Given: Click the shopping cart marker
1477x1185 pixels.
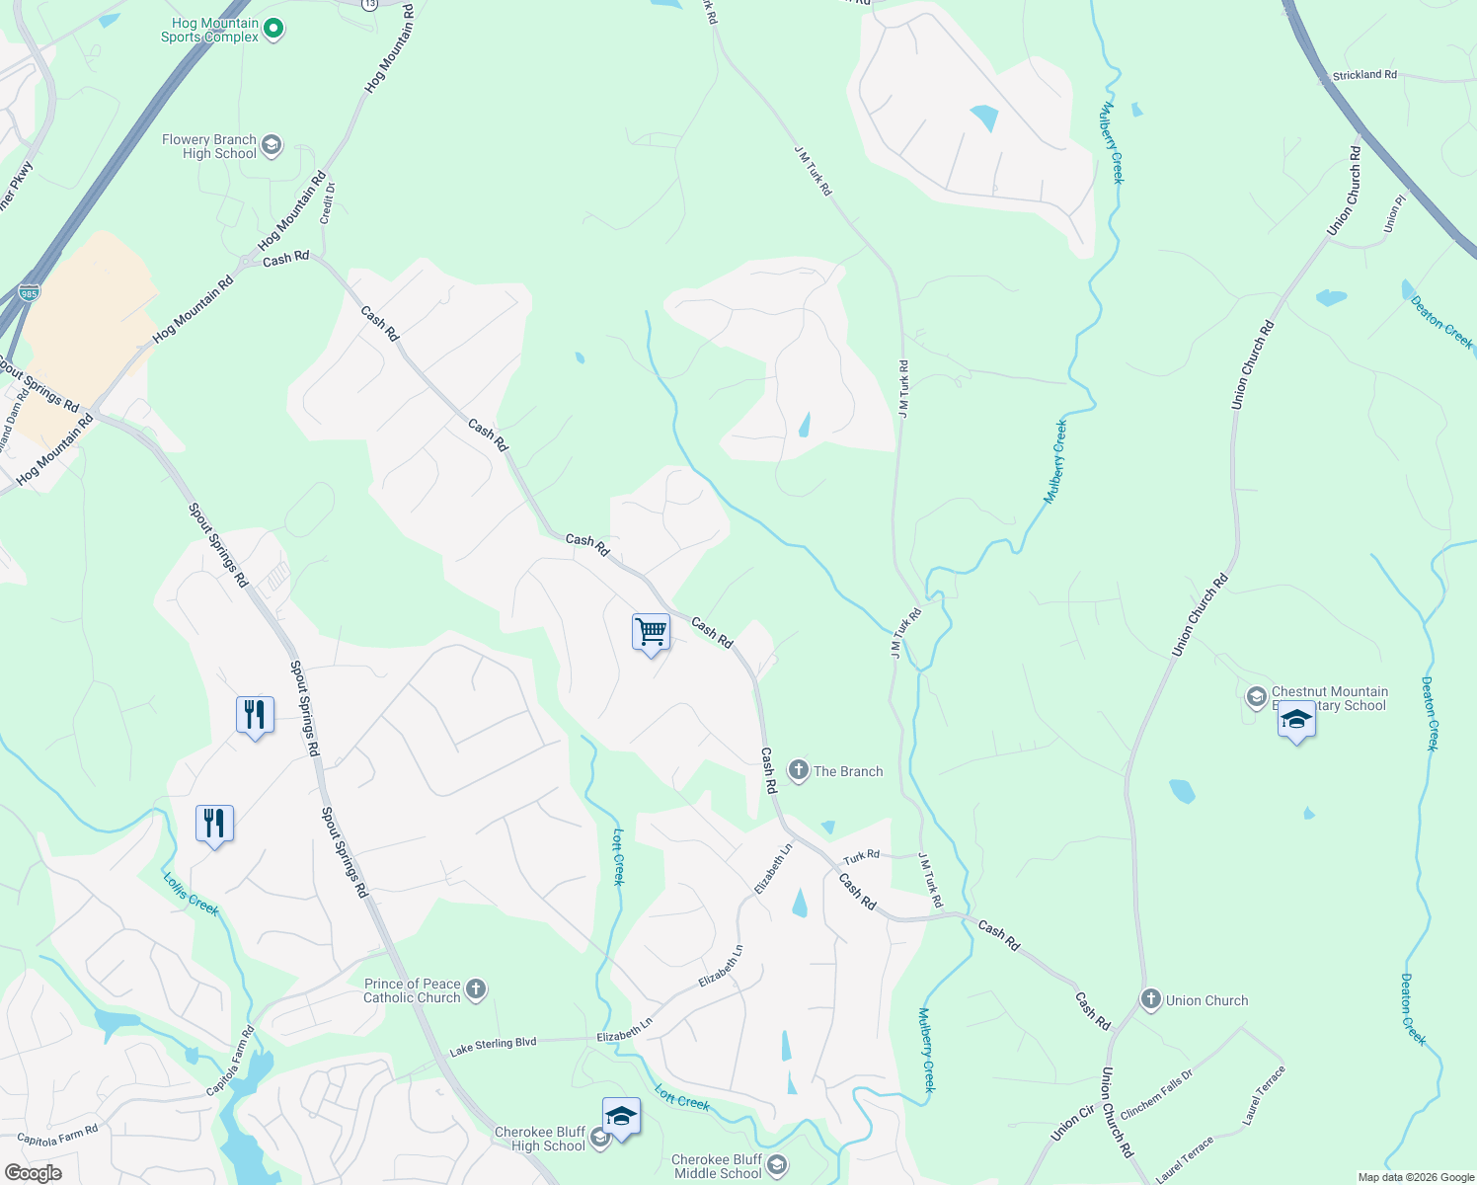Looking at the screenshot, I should pos(651,632).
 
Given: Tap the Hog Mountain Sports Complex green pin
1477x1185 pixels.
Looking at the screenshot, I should pos(274,30).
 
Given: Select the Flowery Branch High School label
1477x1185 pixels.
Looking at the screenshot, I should pos(210,146).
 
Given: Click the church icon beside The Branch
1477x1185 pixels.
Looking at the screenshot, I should pos(799,770).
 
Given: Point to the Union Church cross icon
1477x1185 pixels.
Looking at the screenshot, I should pos(1150,999).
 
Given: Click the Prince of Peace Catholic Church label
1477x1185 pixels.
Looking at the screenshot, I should pos(413,990).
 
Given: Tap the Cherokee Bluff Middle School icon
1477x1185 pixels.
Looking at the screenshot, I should pos(777,1166).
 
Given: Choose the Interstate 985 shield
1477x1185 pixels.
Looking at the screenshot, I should pos(30,292).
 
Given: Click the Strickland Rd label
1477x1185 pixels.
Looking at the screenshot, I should pos(1364,75).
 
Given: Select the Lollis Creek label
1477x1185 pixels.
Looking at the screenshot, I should pos(191,894).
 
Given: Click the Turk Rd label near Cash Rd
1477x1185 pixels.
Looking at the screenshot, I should pos(861,855).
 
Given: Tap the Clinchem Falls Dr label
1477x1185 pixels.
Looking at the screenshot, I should pos(1156,1093).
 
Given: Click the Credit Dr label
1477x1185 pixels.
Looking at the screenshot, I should pos(329,201).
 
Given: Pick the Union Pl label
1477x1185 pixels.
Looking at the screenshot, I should pos(1394,213).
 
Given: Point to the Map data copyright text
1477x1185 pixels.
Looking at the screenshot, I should pos(1416,1177).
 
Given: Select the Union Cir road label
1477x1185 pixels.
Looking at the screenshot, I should pos(1072,1124).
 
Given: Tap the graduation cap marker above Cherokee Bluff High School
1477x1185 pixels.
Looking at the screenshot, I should pos(621,1117).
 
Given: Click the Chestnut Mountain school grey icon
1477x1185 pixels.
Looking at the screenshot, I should pos(1256,697).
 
